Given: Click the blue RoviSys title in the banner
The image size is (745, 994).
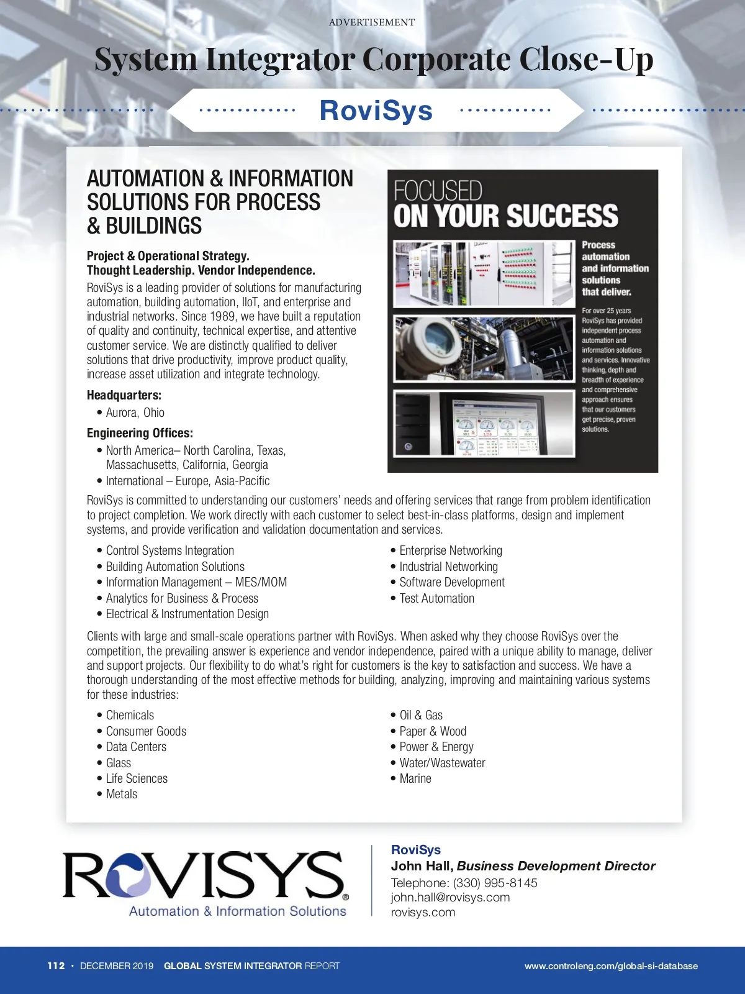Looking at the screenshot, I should click(x=376, y=111).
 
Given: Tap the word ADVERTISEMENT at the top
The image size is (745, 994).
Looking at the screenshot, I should click(x=372, y=22).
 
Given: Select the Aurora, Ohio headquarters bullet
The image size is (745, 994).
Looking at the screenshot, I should click(x=135, y=413).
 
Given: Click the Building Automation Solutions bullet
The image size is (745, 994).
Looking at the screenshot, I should click(x=175, y=567).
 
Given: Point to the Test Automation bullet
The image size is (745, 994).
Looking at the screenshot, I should click(x=436, y=598).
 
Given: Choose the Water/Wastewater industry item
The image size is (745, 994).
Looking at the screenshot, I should click(x=442, y=763).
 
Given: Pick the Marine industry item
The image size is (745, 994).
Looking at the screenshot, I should click(x=415, y=778).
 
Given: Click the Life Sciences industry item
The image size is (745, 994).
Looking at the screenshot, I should click(x=137, y=778).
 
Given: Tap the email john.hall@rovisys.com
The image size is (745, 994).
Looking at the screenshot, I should click(x=450, y=897).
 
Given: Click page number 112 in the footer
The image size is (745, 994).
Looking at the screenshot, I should click(x=56, y=965).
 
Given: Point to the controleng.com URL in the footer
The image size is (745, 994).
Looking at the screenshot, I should click(x=611, y=966).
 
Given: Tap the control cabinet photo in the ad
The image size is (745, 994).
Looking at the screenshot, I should click(x=484, y=274).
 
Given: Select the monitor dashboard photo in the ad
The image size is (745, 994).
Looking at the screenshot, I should click(x=484, y=425).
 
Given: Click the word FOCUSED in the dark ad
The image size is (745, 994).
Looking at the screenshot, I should click(x=438, y=191).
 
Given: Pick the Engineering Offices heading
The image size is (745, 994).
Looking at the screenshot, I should click(x=140, y=433).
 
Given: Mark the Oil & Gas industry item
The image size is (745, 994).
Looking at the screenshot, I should click(x=421, y=715).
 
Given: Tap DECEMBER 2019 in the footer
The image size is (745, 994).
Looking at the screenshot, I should click(x=117, y=966).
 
